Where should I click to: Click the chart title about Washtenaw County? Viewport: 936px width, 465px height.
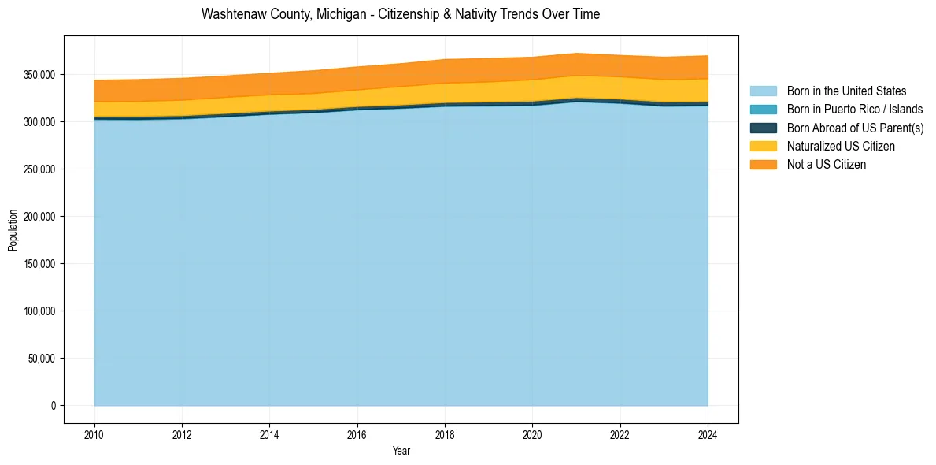pyautogui.click(x=400, y=14)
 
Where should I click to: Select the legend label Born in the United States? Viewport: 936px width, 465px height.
pyautogui.click(x=846, y=91)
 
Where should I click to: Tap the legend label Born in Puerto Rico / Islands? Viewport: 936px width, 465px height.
pyautogui.click(x=854, y=110)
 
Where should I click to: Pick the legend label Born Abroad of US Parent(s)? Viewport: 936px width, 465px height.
pyautogui.click(x=855, y=128)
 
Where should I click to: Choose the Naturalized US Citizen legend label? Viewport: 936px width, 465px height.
pyautogui.click(x=841, y=146)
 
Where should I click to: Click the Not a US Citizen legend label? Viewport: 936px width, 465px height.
pyautogui.click(x=826, y=164)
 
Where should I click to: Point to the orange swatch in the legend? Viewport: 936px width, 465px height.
pyautogui.click(x=763, y=164)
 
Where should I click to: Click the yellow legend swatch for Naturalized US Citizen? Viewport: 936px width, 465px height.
pyautogui.click(x=763, y=146)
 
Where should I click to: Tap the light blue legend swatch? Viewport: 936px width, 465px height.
pyautogui.click(x=763, y=91)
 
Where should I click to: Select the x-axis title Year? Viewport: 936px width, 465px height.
pyautogui.click(x=401, y=452)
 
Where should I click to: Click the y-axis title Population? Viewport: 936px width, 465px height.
pyautogui.click(x=13, y=230)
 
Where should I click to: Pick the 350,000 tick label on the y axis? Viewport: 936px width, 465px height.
pyautogui.click(x=39, y=75)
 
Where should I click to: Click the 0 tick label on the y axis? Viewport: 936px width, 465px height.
pyautogui.click(x=53, y=406)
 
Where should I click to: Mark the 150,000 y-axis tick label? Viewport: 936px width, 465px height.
pyautogui.click(x=39, y=264)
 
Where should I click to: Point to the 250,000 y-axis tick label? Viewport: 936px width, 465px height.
pyautogui.click(x=39, y=169)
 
